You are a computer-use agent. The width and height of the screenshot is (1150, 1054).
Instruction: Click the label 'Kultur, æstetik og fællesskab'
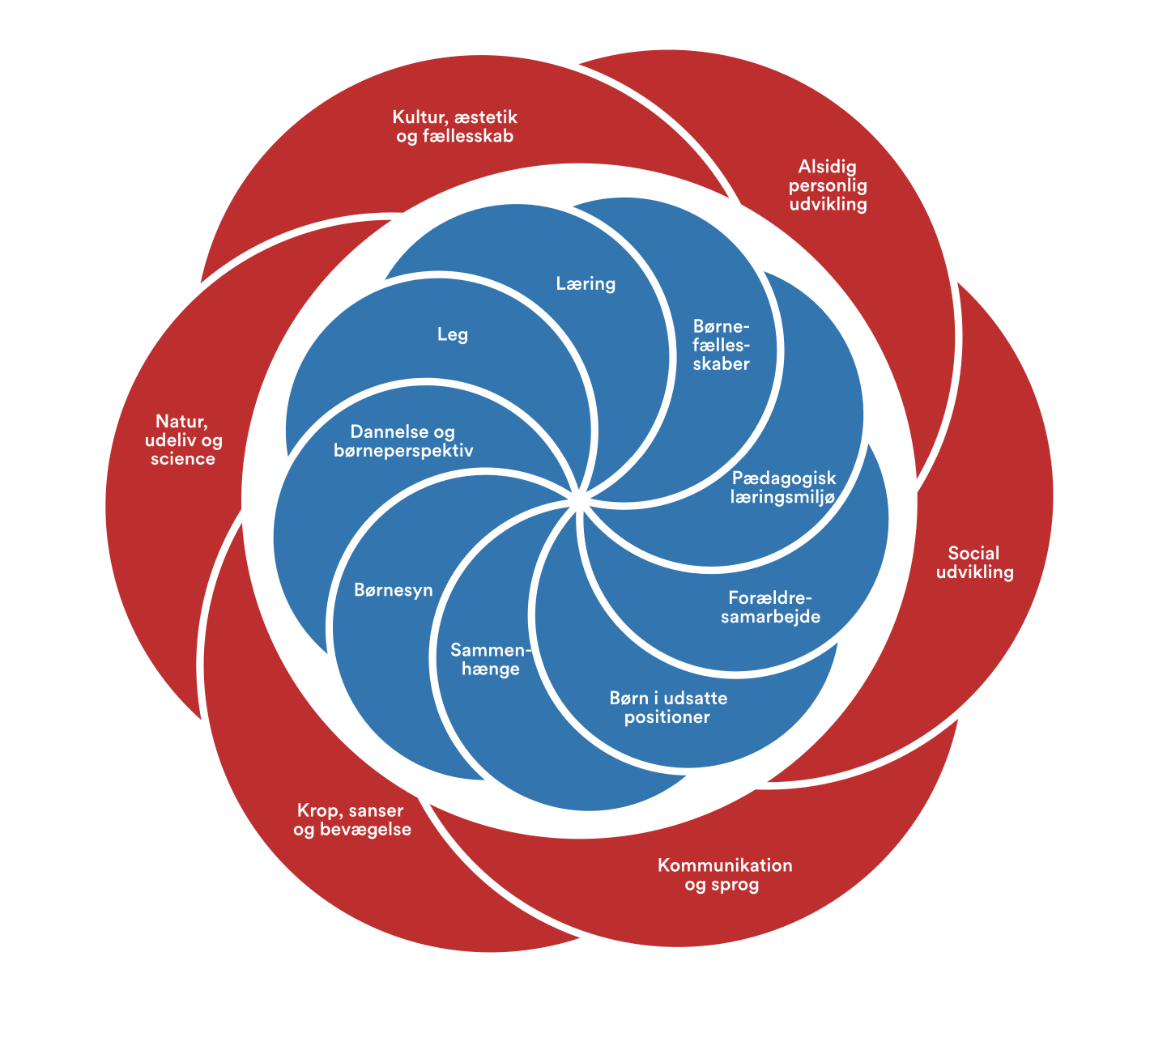455,127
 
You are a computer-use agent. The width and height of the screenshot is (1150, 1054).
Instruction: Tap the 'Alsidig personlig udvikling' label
833,185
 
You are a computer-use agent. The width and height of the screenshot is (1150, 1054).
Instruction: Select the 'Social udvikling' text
974,563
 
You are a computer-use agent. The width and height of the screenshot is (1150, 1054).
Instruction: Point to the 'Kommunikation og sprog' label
724,875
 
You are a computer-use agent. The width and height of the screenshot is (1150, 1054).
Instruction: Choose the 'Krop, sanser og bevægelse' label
351,820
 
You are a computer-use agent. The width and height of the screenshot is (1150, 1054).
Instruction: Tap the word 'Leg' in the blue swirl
452,334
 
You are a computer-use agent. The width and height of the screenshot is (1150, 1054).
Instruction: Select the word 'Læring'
586,283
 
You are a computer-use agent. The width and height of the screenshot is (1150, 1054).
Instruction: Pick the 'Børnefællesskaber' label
722,345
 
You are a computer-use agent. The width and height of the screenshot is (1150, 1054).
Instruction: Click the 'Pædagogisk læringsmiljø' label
782,487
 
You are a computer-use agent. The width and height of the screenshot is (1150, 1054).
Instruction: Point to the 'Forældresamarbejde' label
770,607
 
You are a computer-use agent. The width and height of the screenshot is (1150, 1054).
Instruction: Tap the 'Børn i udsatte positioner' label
668,708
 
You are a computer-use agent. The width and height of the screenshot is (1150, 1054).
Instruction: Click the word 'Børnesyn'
394,590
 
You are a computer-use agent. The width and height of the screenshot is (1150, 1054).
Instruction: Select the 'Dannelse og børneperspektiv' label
403,441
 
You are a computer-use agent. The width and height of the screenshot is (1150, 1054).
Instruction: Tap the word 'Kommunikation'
725,865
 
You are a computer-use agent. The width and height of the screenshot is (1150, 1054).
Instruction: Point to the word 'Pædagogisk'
783,478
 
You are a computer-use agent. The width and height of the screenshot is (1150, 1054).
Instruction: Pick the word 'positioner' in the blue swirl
667,717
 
